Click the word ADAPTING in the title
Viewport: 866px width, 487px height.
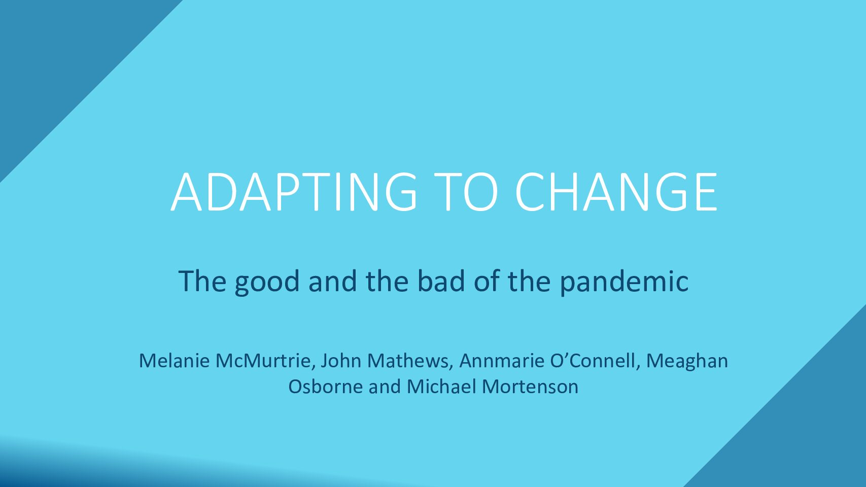click(294, 192)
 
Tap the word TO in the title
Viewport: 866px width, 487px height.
click(466, 192)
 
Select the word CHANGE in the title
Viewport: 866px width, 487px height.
click(616, 192)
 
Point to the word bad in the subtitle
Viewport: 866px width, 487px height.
click(441, 281)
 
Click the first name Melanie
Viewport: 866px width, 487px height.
click(174, 361)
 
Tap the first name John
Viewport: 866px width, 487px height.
click(341, 361)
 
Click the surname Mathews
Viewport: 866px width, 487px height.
click(410, 361)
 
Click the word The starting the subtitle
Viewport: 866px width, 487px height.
click(202, 281)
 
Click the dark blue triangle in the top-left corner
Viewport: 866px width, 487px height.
click(58, 58)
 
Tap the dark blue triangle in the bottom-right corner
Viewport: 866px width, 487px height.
click(808, 429)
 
